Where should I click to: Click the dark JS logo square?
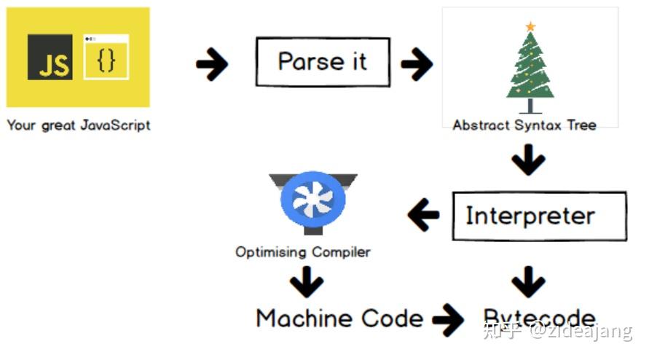[x=50, y=57]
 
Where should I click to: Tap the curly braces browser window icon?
[x=106, y=57]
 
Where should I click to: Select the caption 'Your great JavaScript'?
[x=79, y=125]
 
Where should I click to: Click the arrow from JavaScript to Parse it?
[x=212, y=65]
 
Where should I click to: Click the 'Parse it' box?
[x=323, y=62]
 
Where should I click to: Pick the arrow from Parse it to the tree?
[x=417, y=65]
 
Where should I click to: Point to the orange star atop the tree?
[x=530, y=27]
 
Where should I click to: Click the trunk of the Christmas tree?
[x=530, y=105]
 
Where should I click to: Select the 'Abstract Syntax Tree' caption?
[x=524, y=125]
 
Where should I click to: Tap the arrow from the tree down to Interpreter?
[x=529, y=161]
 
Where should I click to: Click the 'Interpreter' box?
[x=539, y=216]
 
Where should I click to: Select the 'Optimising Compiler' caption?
[x=302, y=252]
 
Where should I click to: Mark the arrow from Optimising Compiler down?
[x=306, y=281]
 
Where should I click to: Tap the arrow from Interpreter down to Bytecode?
[x=529, y=281]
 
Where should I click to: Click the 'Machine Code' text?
[x=339, y=318]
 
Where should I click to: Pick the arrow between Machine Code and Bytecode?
[x=448, y=319]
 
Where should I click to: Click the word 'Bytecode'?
[x=539, y=318]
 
